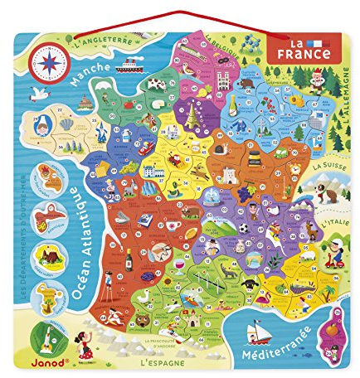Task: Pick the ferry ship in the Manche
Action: [x=134, y=65]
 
